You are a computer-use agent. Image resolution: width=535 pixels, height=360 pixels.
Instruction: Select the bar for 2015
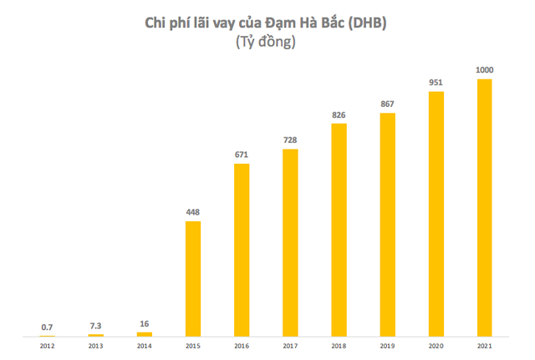(x=193, y=279)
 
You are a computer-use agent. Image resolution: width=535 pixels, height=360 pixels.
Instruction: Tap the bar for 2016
(x=242, y=251)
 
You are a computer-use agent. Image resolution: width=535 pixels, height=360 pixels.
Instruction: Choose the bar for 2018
(x=339, y=231)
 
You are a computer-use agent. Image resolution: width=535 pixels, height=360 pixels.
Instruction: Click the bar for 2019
(x=387, y=226)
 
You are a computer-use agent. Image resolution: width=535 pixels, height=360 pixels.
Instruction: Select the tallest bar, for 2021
(x=484, y=208)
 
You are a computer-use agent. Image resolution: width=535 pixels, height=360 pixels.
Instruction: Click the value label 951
(x=436, y=84)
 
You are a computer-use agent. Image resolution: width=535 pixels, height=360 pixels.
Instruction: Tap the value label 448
(x=193, y=212)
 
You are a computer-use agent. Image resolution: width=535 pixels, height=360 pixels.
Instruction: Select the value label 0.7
(x=48, y=327)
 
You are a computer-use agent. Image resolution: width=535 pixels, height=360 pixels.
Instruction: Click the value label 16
(x=145, y=324)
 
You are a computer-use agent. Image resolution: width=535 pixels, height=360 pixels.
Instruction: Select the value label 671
(x=242, y=155)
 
